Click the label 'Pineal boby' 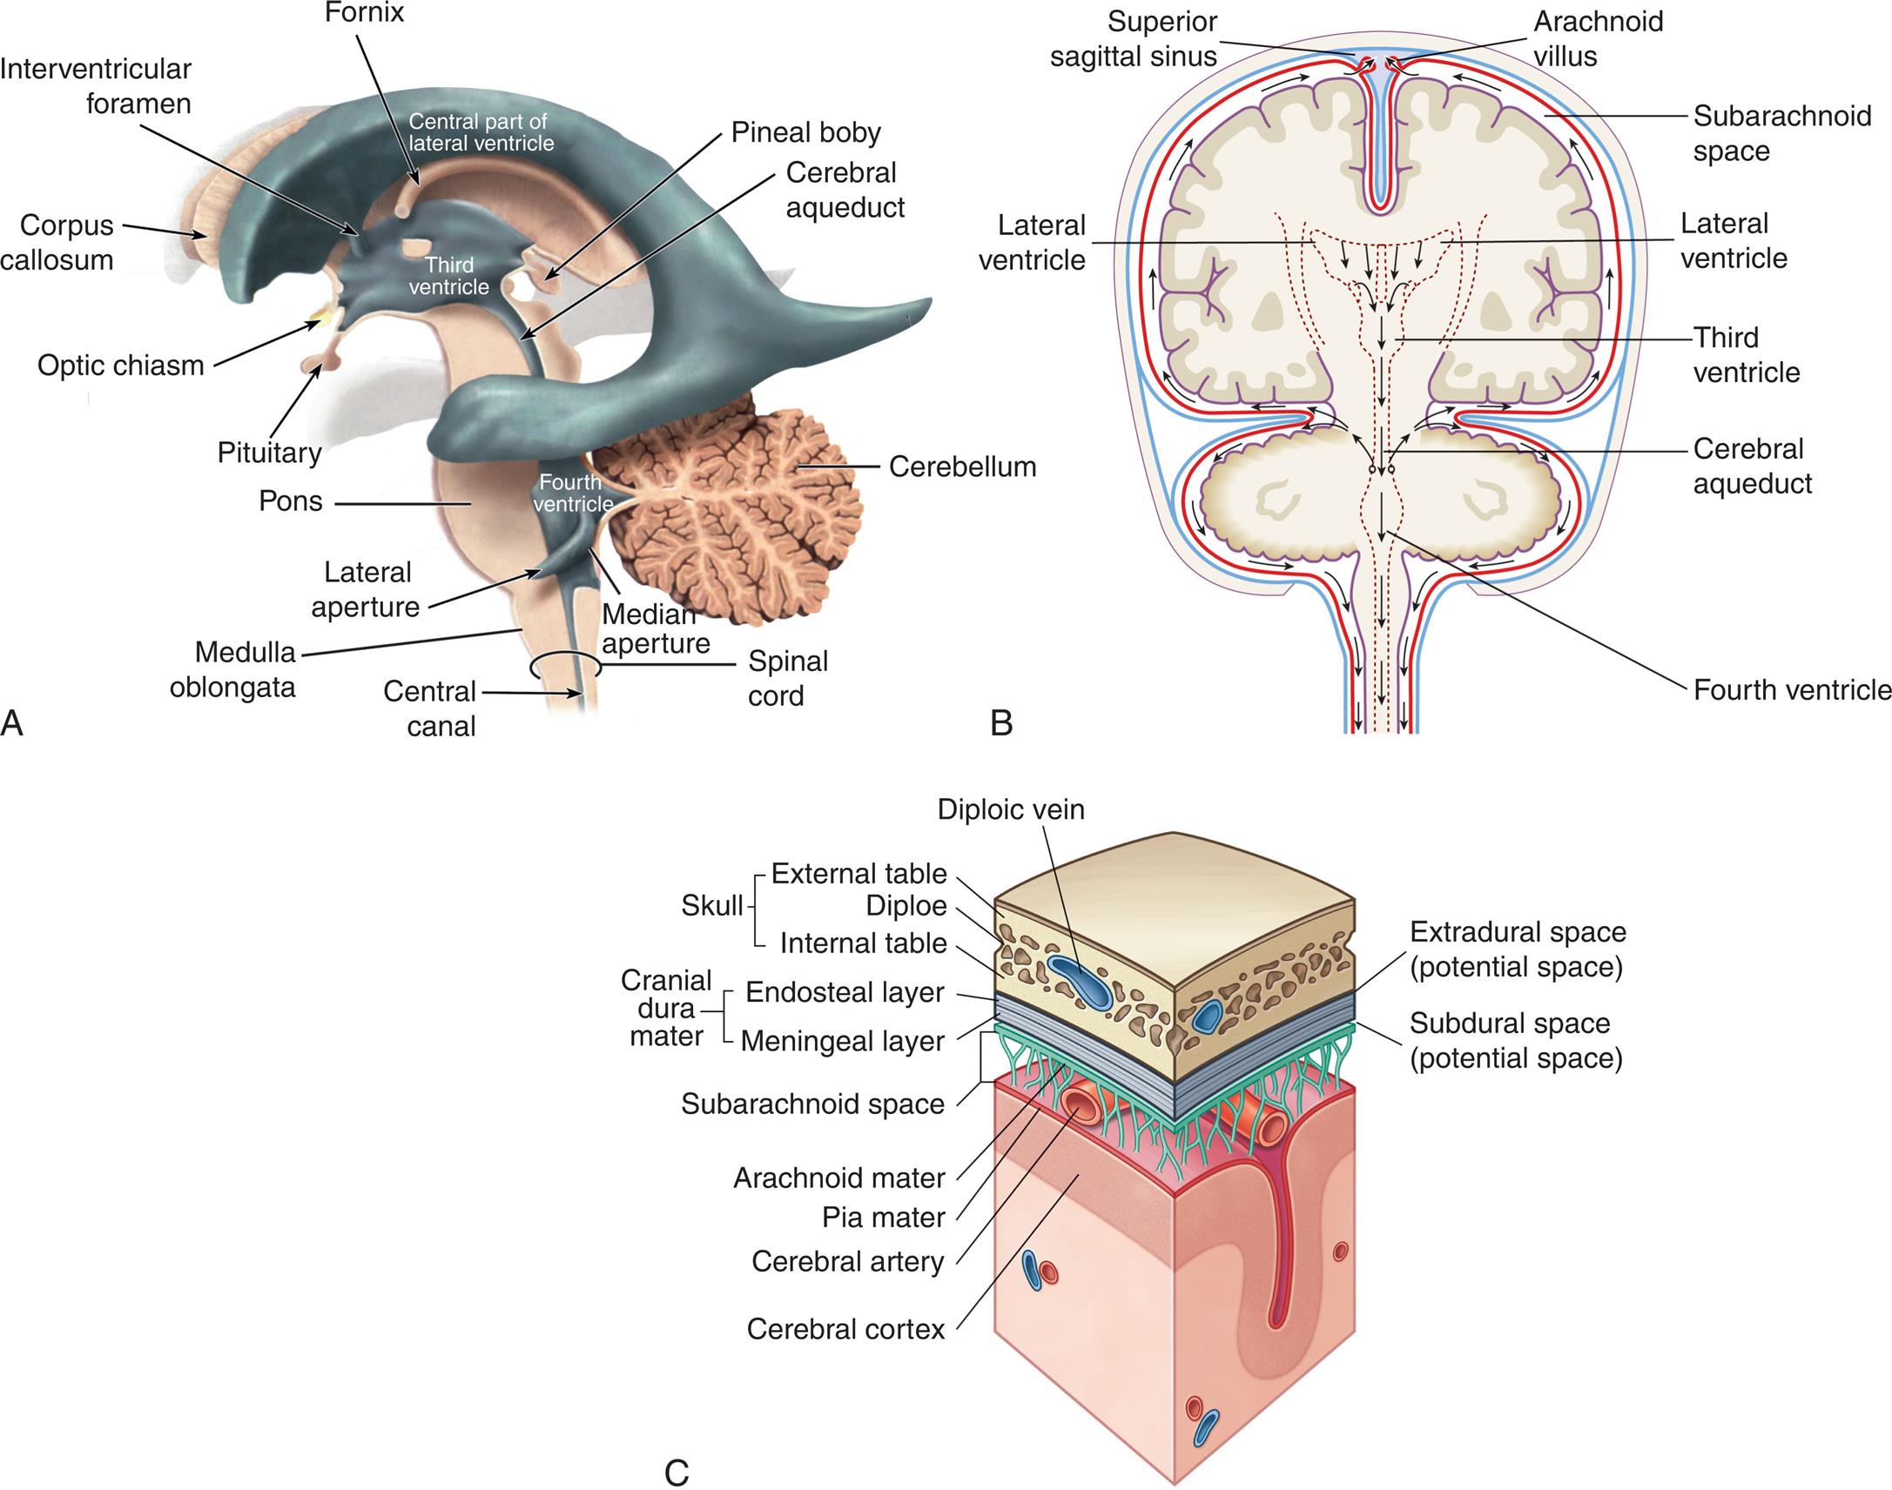805,132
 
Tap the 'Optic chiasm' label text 120,366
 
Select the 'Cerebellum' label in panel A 962,466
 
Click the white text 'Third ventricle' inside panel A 448,276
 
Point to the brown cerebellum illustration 733,514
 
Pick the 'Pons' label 291,501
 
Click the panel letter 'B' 1001,723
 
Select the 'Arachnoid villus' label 1598,39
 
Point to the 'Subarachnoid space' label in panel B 1781,133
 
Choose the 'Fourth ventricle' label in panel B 1792,690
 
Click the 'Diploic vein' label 1011,809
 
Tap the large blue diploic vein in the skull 1081,983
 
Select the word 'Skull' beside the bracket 711,906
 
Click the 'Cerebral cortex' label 845,1330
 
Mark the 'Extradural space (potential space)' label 1518,950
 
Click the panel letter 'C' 677,1473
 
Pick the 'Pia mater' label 883,1218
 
